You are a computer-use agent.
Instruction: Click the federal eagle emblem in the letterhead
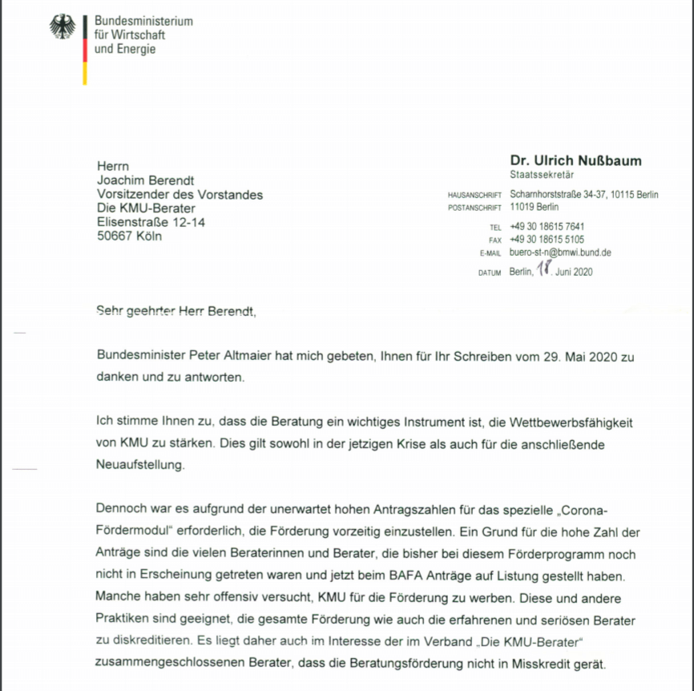click(x=63, y=27)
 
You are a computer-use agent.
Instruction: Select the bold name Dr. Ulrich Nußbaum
click(x=575, y=160)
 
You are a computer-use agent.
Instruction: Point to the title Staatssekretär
click(x=542, y=175)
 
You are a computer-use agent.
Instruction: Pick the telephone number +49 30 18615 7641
click(x=547, y=227)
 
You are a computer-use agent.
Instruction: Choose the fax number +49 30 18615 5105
click(x=547, y=239)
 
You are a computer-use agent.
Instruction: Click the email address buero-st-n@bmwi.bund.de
click(x=560, y=252)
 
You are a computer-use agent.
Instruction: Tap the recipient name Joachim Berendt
click(x=146, y=180)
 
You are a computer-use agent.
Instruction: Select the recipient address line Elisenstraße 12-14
click(x=151, y=222)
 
